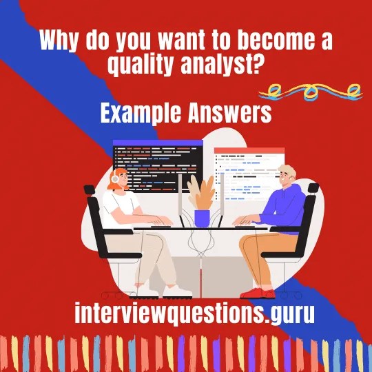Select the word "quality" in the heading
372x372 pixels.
(142, 65)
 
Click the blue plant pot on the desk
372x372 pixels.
(202, 218)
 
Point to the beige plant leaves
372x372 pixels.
(201, 192)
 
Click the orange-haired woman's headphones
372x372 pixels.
(114, 178)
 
